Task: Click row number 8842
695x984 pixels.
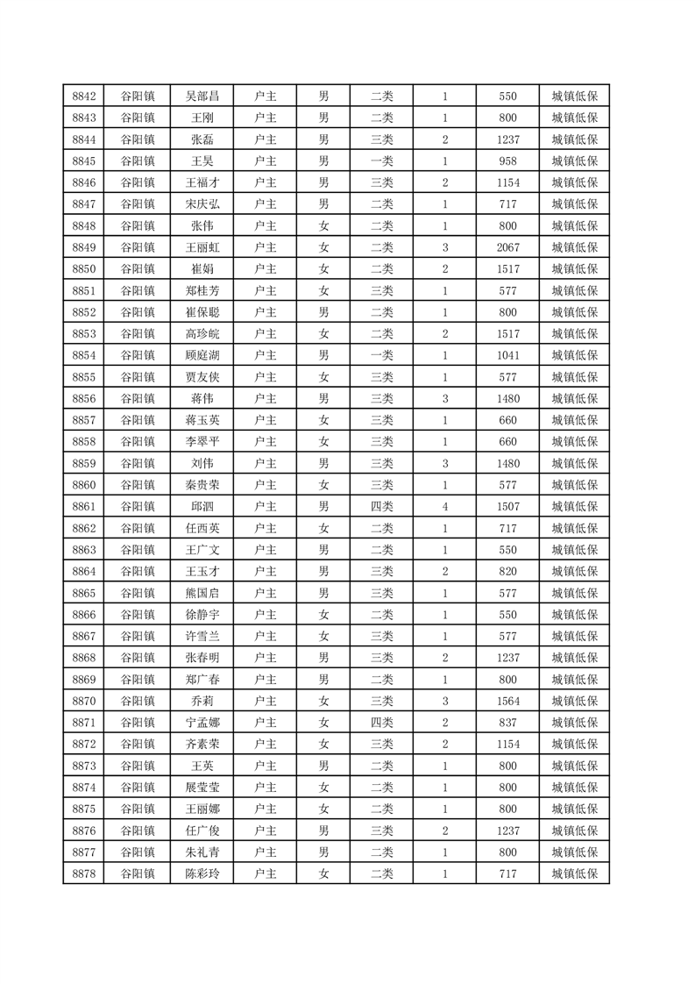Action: (84, 96)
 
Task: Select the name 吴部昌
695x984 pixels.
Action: (202, 96)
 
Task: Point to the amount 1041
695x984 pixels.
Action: (507, 355)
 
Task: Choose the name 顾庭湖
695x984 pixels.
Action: (202, 355)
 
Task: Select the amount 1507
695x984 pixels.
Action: (507, 506)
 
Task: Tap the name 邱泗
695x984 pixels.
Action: (202, 506)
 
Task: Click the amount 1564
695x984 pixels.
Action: (507, 701)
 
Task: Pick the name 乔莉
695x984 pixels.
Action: (202, 701)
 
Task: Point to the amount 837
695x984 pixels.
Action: (507, 722)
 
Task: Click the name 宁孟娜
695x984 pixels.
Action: (202, 722)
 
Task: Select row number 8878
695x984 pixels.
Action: (84, 873)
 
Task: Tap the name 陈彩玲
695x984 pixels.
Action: (202, 873)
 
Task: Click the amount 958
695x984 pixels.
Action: (507, 161)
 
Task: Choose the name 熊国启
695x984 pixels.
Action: (202, 593)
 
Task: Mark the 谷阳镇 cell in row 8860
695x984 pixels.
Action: (138, 485)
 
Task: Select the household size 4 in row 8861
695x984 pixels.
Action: (445, 506)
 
